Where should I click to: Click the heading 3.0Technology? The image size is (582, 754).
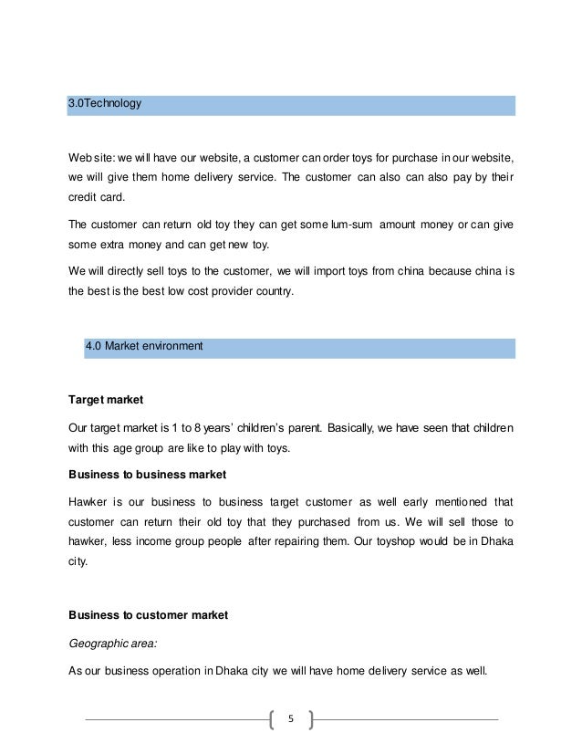click(x=106, y=105)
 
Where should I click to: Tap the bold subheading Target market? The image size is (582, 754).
click(x=108, y=401)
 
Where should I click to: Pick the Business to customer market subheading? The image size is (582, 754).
click(x=148, y=615)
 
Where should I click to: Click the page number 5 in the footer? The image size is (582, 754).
click(x=292, y=718)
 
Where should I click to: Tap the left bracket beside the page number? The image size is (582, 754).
click(x=275, y=718)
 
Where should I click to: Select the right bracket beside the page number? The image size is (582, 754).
click(x=310, y=718)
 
